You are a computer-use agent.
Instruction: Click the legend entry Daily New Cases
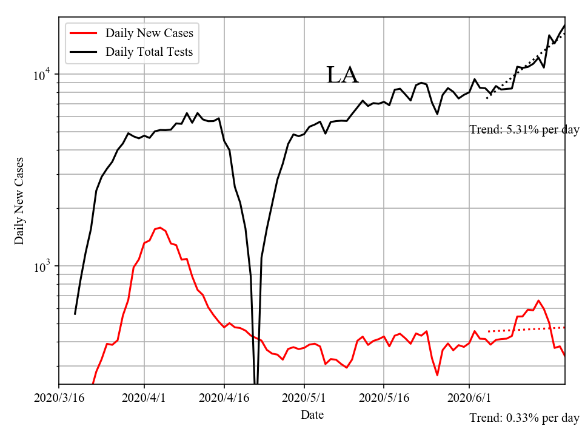149,33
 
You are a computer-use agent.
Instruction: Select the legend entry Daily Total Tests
149,52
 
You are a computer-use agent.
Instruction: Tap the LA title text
343,75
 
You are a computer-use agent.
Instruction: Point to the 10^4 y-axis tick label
44,75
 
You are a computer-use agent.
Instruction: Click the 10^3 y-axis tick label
44,267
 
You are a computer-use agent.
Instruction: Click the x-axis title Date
312,415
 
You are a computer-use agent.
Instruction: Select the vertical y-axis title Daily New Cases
19,201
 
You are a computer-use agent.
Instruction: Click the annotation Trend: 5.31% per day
524,130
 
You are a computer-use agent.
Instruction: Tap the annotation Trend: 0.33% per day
524,418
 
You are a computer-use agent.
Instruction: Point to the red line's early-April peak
160,228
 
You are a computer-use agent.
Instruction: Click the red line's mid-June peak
538,300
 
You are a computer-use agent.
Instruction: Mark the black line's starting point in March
75,314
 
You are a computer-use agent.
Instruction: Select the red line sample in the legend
84,33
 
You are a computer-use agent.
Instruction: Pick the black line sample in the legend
84,52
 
